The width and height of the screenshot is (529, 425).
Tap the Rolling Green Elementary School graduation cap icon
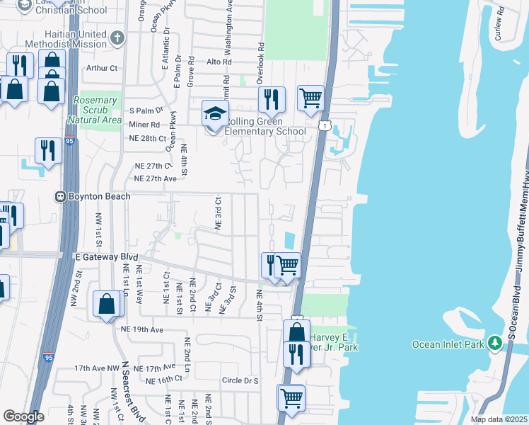216,113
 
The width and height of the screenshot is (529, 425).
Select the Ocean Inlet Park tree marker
494,344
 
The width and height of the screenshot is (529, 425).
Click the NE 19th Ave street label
141,329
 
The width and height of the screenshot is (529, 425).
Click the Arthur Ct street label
101,68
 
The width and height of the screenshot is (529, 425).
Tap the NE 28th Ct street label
149,138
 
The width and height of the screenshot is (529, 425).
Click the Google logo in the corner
23,416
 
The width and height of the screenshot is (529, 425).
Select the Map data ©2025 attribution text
499,419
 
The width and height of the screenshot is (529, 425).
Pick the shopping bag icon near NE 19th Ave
106,304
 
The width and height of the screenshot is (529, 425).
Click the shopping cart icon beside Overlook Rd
310,99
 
